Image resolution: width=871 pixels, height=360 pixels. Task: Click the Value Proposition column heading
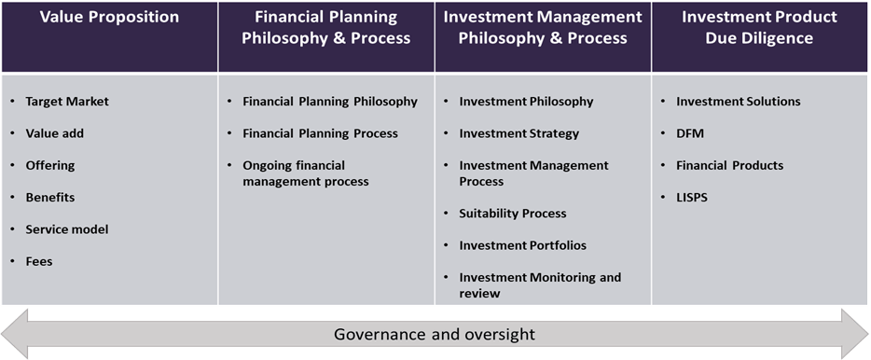tap(109, 17)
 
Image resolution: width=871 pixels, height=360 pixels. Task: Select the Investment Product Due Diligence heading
tap(759, 27)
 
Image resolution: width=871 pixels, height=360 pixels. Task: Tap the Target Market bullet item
tap(67, 102)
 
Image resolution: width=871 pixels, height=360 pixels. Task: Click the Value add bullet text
tap(54, 133)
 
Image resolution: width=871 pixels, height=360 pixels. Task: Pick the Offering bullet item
tap(50, 166)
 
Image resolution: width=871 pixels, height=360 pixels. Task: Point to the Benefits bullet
tap(50, 197)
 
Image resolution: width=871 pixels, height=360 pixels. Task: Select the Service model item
tap(67, 229)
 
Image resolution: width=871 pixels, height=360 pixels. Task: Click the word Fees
tap(39, 261)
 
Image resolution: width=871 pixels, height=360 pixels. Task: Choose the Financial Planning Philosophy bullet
tap(330, 102)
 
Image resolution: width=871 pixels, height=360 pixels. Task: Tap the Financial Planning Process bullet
tap(321, 133)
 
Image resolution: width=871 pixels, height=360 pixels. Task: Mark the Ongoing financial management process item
tap(306, 173)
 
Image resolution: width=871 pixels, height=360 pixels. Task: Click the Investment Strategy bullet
tap(518, 133)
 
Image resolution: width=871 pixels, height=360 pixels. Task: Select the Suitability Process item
tap(513, 214)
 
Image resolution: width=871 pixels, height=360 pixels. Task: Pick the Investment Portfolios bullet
tap(523, 245)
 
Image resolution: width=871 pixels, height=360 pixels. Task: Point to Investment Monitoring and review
tap(540, 285)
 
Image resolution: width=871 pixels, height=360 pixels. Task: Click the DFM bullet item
tap(690, 133)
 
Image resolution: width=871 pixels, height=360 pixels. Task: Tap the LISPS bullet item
tap(692, 197)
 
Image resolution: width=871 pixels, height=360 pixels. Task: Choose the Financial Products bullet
tap(730, 166)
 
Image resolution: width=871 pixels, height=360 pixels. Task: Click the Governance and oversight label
tap(435, 335)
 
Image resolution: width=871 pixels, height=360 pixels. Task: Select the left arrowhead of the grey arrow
tap(14, 334)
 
